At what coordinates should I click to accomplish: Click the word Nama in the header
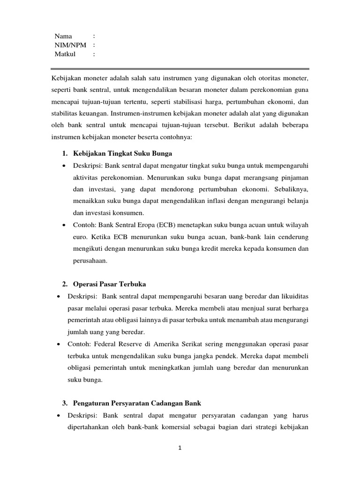coord(63,36)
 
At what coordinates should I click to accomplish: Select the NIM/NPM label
coord(70,45)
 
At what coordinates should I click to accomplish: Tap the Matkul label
coord(65,54)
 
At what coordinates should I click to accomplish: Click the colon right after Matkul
coord(94,54)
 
